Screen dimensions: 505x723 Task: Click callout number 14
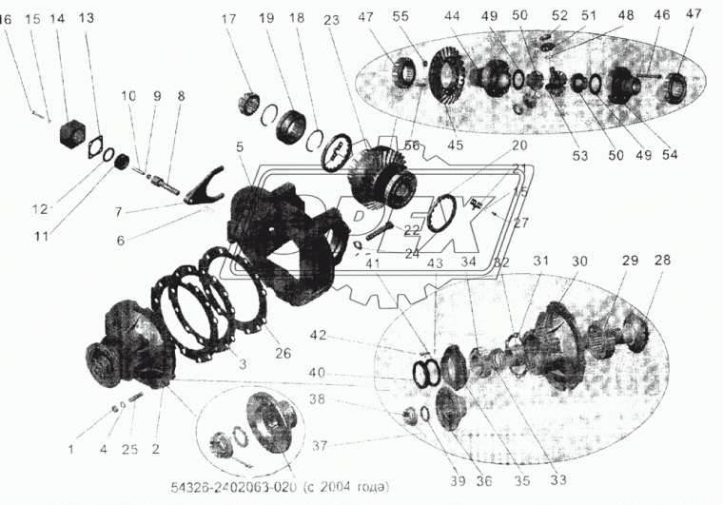pyautogui.click(x=59, y=18)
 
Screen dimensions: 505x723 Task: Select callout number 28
pyautogui.click(x=662, y=260)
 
